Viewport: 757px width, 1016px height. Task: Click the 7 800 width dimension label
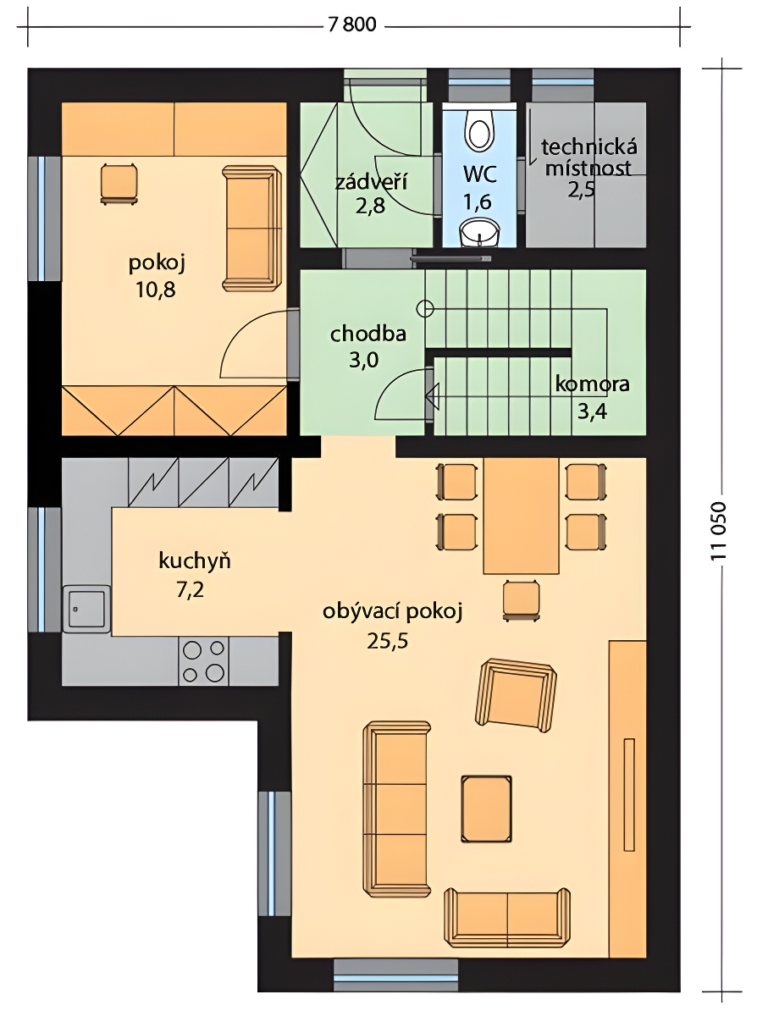(x=352, y=25)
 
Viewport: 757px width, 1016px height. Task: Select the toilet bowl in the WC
(x=480, y=130)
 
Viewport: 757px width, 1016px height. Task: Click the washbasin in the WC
(x=479, y=231)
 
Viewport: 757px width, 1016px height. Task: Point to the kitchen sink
(x=86, y=609)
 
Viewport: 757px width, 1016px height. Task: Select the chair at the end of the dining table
(x=521, y=599)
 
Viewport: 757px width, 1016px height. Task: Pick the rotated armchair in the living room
(x=516, y=696)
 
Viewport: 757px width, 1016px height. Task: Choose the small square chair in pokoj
(x=119, y=184)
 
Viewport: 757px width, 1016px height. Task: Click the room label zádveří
(x=371, y=183)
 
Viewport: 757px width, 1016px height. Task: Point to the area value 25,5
(x=387, y=641)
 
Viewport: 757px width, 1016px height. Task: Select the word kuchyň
(x=194, y=560)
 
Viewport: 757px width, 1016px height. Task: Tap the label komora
(x=592, y=384)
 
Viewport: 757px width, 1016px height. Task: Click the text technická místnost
(x=588, y=157)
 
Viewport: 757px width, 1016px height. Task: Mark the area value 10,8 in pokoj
(x=155, y=290)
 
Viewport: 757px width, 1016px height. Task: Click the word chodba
(x=368, y=334)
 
